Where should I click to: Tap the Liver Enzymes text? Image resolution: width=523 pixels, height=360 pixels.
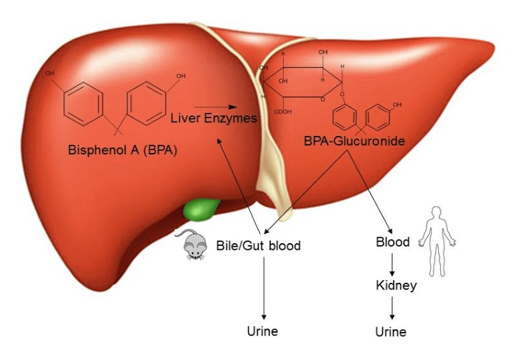[213, 118]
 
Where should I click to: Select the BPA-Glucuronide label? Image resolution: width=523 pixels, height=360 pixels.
[354, 141]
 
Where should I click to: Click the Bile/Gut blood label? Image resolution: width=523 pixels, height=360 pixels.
[258, 245]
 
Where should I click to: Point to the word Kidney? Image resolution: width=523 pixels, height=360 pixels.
[396, 286]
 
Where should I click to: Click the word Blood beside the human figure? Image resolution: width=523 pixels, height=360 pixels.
[392, 243]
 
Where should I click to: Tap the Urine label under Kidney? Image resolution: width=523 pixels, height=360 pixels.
[390, 332]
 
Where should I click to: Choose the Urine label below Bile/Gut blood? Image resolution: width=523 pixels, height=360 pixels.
[263, 333]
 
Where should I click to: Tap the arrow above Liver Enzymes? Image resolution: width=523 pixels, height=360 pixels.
[215, 107]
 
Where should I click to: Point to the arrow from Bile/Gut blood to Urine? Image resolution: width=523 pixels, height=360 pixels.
[263, 287]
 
